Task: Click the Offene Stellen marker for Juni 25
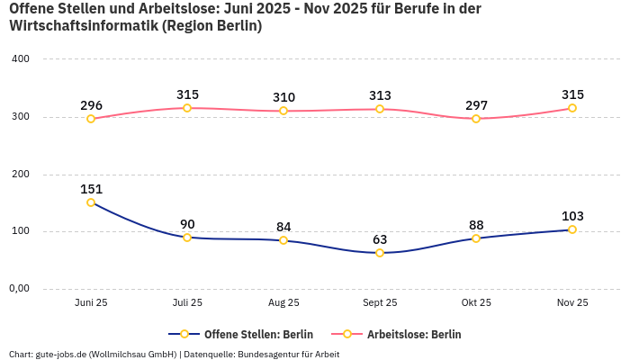(91, 202)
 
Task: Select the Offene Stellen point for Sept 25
(380, 253)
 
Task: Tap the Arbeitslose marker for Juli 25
(187, 108)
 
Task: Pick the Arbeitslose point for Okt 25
(476, 119)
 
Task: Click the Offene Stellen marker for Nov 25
(572, 229)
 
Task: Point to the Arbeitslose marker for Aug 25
(283, 111)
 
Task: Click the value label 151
(91, 189)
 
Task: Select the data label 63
(380, 239)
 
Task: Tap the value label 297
(476, 105)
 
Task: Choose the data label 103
(572, 216)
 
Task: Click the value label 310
(283, 97)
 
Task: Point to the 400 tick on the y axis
(21, 59)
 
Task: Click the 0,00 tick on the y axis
(19, 289)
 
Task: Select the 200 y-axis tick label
(21, 174)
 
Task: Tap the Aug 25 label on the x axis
(283, 303)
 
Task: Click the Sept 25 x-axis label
(380, 303)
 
